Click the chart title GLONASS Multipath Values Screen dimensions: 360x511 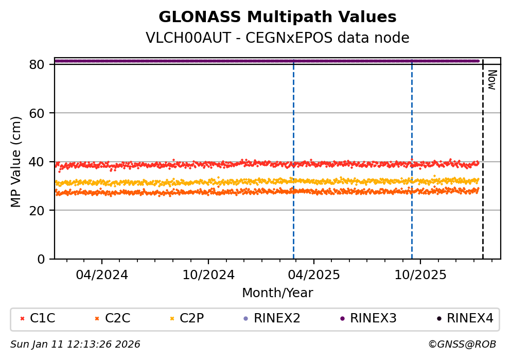coord(277,17)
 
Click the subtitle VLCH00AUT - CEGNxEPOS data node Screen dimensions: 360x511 coord(277,38)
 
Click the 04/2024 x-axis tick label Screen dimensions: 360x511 coord(101,275)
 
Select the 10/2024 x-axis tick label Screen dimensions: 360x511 coord(208,275)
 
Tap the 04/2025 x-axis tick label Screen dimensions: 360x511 coord(314,275)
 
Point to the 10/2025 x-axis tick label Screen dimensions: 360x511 coord(420,275)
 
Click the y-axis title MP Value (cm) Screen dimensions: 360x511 coord(16,162)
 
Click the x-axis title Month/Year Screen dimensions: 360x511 coord(277,293)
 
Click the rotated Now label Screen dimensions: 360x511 coord(491,80)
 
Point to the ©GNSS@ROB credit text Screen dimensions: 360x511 coord(462,344)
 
